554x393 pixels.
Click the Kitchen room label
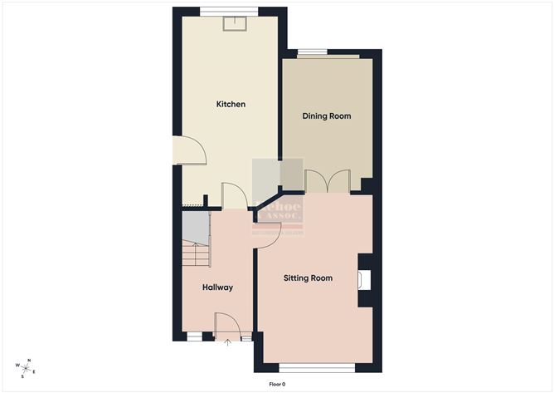tap(231, 104)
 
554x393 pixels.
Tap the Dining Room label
tap(326, 116)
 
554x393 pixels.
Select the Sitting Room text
tap(308, 278)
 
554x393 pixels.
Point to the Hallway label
tap(217, 287)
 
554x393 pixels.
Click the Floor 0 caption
tap(277, 384)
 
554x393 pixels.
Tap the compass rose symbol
tap(27, 367)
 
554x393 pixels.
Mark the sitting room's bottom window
tap(317, 366)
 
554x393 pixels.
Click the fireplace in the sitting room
tap(364, 279)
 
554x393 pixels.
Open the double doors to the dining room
tap(328, 181)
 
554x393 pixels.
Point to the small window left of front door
tap(194, 336)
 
